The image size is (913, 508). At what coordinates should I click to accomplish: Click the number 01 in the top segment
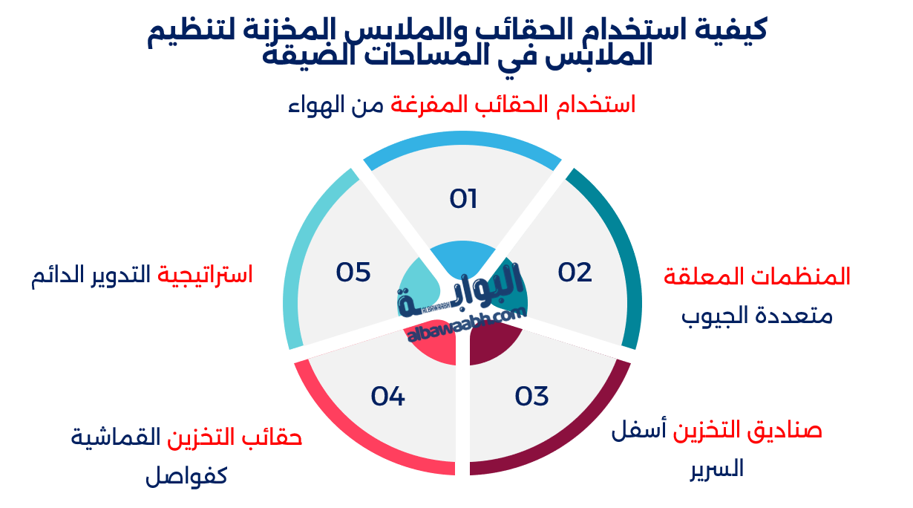click(x=463, y=199)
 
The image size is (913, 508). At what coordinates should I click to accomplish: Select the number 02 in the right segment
click(x=575, y=273)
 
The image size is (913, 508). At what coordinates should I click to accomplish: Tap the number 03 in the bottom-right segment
click(x=531, y=396)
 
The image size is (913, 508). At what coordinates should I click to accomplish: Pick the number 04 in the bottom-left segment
click(x=388, y=396)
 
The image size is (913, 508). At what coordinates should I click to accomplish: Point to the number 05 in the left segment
click(x=353, y=273)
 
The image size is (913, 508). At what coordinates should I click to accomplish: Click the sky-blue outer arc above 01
click(x=462, y=138)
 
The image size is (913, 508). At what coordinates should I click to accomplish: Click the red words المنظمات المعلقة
click(x=756, y=277)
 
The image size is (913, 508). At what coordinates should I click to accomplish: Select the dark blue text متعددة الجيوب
click(x=757, y=316)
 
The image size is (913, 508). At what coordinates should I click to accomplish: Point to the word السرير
click(x=716, y=469)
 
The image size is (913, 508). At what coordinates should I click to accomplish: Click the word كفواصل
click(x=186, y=475)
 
